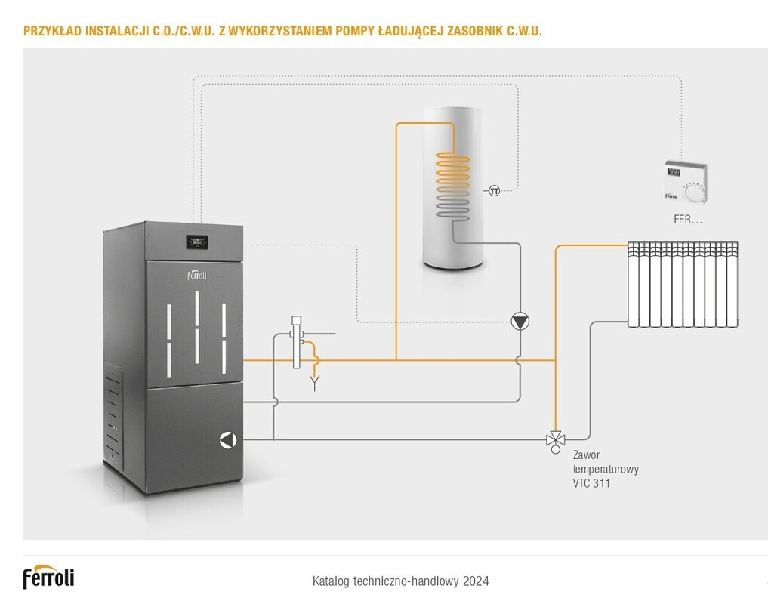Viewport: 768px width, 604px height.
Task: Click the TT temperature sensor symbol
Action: tap(494, 190)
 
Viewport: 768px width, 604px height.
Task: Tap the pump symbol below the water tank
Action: tap(520, 322)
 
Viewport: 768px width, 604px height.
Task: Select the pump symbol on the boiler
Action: tap(227, 440)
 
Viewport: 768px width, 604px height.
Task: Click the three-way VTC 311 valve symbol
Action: tap(556, 439)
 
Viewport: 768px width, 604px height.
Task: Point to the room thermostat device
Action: tap(686, 182)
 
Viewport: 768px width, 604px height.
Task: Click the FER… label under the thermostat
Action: tap(688, 220)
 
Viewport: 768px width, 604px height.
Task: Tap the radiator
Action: tap(683, 284)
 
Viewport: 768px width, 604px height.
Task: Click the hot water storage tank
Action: tap(451, 189)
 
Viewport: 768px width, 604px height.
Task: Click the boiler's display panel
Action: tap(197, 242)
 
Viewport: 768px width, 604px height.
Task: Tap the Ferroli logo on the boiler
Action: tap(197, 275)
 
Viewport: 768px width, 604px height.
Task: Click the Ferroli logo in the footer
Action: tap(48, 577)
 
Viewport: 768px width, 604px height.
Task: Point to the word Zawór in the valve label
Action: tap(588, 455)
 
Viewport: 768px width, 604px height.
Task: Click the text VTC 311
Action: tap(591, 483)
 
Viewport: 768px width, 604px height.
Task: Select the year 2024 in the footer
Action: tap(476, 581)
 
